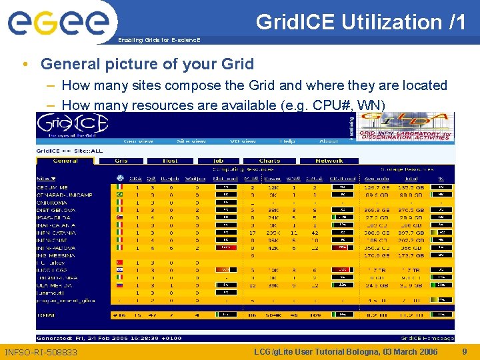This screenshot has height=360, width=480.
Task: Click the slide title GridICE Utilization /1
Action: point(361,22)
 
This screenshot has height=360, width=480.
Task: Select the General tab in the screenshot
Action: point(65,161)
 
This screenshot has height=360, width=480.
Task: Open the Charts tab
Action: point(269,161)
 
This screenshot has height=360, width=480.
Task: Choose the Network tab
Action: point(329,161)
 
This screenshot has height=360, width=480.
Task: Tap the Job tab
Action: point(218,161)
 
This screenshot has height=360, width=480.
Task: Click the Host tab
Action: point(170,161)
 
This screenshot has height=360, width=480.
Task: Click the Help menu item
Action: point(287,141)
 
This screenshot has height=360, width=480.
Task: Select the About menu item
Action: point(328,141)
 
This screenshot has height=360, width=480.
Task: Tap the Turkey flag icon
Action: point(120,263)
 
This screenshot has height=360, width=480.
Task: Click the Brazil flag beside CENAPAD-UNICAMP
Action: point(120,195)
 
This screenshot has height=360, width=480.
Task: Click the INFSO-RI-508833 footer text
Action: point(41,352)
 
